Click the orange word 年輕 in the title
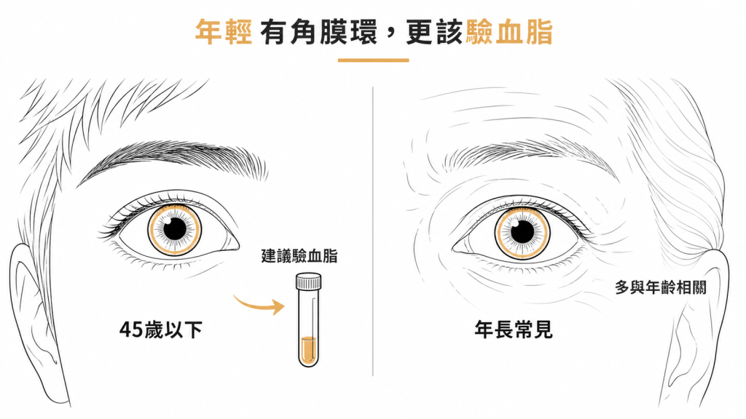(x=224, y=32)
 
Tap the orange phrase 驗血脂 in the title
(x=509, y=32)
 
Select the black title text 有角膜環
(x=319, y=32)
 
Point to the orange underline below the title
(x=374, y=60)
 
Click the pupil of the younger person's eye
(x=175, y=229)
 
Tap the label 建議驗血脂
(x=299, y=256)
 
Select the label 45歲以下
(x=161, y=330)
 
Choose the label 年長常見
(x=514, y=330)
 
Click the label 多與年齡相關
(x=661, y=287)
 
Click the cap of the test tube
(x=308, y=282)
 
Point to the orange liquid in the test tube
(x=308, y=350)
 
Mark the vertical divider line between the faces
(x=372, y=231)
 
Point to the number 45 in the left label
(x=131, y=330)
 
